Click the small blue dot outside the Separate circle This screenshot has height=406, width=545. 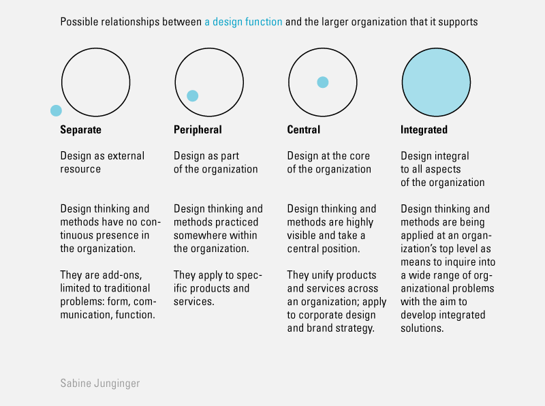coord(56,110)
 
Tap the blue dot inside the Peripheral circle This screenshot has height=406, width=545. coord(193,95)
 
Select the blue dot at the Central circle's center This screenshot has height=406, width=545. coord(322,82)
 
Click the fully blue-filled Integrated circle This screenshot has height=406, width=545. coord(436,82)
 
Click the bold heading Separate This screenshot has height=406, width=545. coord(80,129)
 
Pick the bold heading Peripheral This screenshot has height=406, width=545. coord(198,129)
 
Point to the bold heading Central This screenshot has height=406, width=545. coord(303,129)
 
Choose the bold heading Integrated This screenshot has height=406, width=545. coord(424,129)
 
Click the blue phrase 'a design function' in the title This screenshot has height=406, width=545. coord(243,22)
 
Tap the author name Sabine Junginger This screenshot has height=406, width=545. coord(100,383)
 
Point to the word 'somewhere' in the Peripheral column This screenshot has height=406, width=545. coord(198,235)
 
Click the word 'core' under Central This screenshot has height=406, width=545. coord(360,156)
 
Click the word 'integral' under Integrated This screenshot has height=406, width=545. coord(452,156)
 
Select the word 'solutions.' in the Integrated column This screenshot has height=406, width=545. coord(422,328)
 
